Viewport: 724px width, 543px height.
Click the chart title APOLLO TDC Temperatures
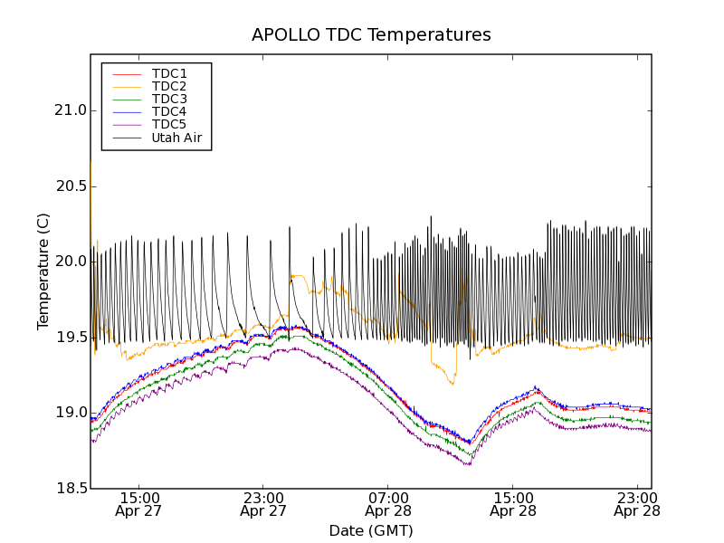coord(371,35)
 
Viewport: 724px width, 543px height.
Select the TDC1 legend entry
coord(169,73)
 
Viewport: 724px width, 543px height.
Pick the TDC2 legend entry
coord(169,86)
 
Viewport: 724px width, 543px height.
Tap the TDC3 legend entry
coord(169,99)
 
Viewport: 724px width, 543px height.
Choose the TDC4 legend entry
coord(169,111)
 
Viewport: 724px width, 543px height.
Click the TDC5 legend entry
coord(169,124)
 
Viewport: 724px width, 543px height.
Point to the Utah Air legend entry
coord(176,138)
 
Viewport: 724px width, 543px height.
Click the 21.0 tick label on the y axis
coord(69,110)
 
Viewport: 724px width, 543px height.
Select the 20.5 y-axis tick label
coord(69,186)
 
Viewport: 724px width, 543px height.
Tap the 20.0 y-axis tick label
coord(69,262)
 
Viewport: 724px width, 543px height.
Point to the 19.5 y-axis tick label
coord(69,337)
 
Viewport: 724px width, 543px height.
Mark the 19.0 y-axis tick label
coord(69,413)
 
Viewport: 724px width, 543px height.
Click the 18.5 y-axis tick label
coord(69,488)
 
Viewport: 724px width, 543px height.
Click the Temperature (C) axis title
coord(43,271)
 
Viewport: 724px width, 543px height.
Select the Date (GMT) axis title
coord(371,531)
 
